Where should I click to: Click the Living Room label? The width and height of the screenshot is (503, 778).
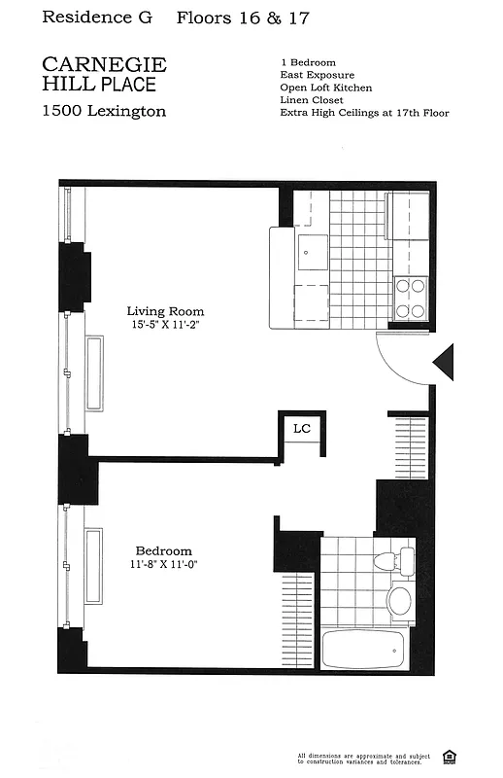[165, 311]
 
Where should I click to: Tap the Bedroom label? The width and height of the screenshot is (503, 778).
[163, 550]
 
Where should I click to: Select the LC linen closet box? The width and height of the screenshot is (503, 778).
[301, 429]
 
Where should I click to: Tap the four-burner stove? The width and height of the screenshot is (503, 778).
[412, 299]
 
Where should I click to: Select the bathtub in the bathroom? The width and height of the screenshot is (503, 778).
[362, 647]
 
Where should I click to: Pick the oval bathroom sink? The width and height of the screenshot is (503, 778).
[399, 600]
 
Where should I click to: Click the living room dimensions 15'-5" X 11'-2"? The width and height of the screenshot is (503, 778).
[165, 326]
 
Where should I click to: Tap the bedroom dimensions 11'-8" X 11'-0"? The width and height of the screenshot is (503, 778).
[163, 564]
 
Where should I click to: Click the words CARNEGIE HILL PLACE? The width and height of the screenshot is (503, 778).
[104, 74]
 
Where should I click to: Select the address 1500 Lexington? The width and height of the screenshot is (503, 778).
[104, 111]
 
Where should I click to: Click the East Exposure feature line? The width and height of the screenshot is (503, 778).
[317, 75]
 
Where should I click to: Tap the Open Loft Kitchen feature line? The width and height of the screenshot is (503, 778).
[327, 88]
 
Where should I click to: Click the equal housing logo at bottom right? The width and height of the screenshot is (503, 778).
[449, 757]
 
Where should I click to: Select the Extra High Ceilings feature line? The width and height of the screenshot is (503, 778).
[364, 113]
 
